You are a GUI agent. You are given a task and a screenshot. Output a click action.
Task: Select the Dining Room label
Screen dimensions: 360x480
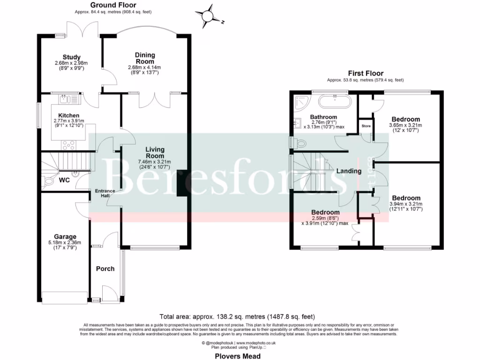pos(145,58)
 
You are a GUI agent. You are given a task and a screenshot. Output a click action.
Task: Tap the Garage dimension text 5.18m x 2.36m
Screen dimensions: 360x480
pos(65,242)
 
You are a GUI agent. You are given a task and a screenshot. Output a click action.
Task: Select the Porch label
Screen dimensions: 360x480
pos(105,269)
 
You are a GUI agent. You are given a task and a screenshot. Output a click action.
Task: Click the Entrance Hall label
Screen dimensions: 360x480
pos(105,193)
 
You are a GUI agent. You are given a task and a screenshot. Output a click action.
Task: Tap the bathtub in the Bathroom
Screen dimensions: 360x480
pos(335,101)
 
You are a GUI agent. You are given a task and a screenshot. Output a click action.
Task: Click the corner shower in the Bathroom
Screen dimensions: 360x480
pos(299,101)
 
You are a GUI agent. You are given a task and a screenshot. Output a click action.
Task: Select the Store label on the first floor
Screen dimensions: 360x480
pos(366,126)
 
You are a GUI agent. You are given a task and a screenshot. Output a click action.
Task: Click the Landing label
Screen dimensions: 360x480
pos(349,171)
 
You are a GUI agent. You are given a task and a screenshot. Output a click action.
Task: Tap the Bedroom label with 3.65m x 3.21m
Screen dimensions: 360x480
pos(406,119)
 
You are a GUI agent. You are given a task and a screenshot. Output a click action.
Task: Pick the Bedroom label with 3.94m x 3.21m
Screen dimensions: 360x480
pos(406,198)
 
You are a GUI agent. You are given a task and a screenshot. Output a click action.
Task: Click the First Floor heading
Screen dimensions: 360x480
pos(365,73)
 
